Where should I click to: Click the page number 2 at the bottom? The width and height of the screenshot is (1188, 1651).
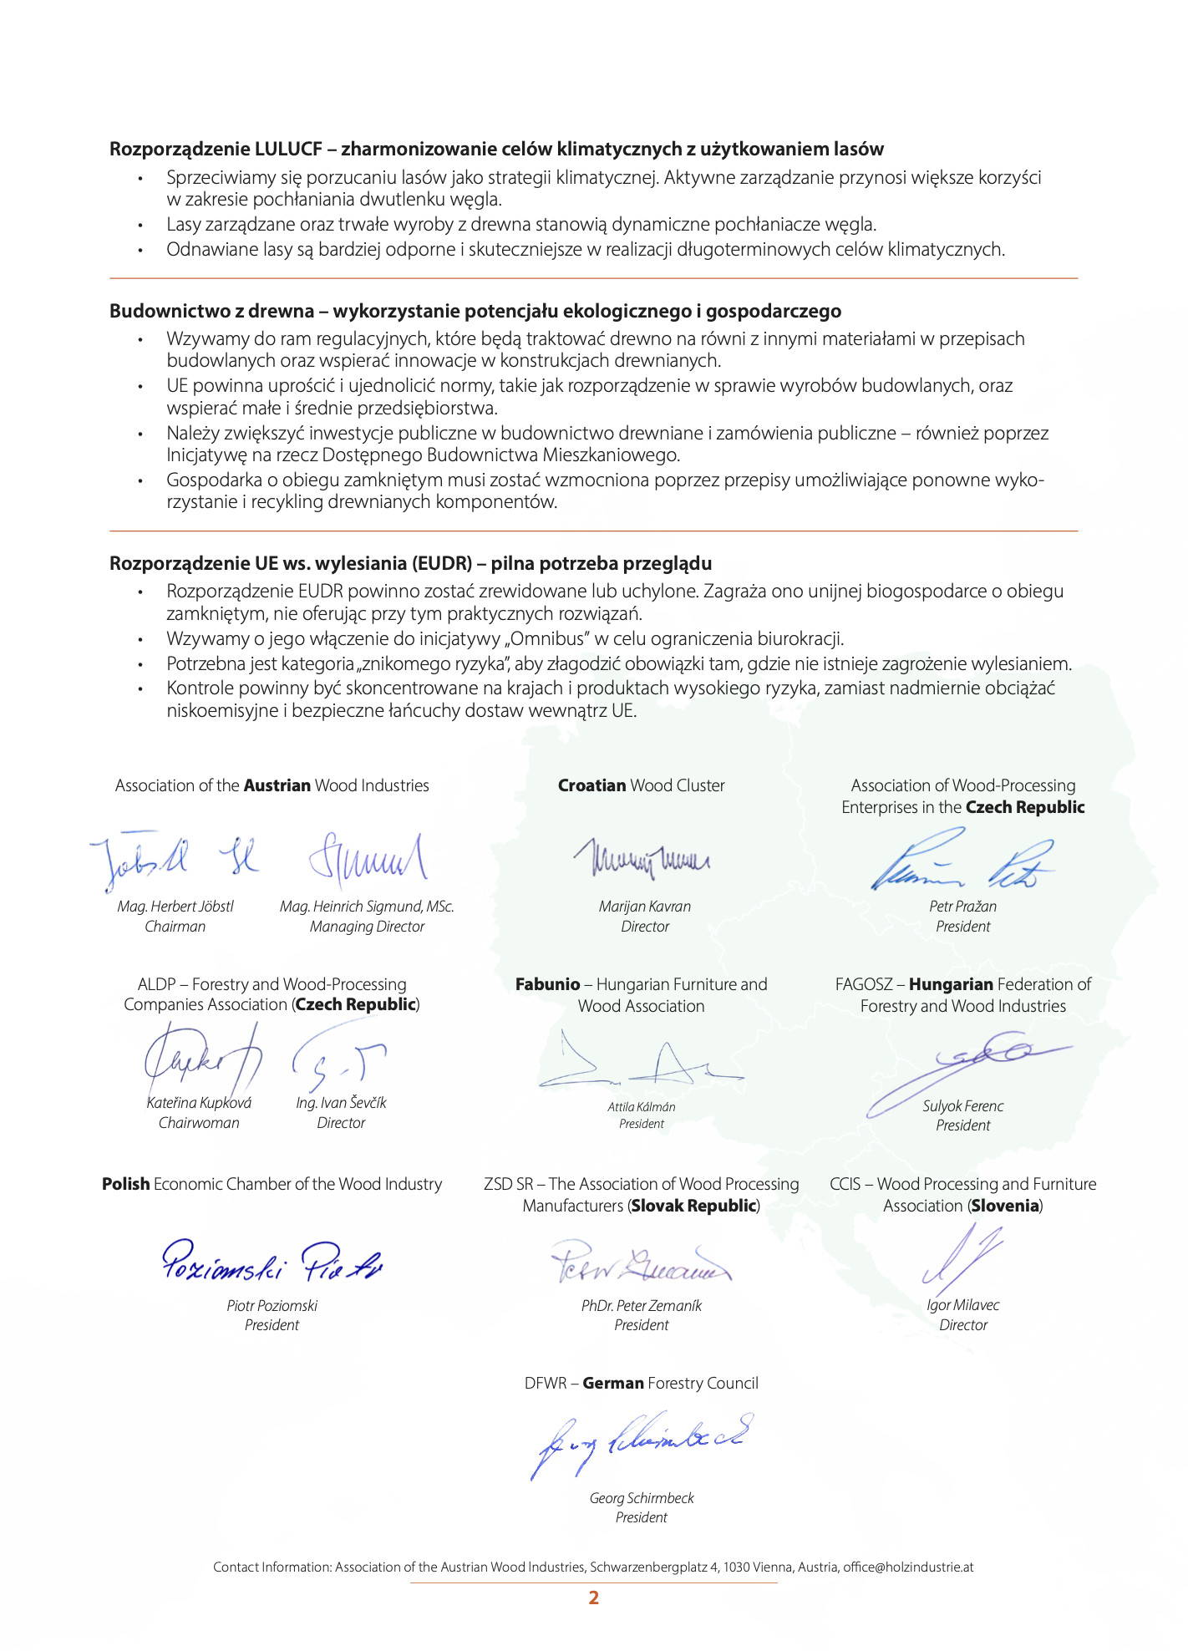tap(593, 1598)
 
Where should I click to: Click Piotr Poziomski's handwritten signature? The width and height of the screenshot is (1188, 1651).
tap(272, 1262)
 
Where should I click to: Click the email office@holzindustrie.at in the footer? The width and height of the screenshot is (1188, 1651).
tap(908, 1567)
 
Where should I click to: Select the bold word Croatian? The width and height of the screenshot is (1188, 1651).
tap(591, 785)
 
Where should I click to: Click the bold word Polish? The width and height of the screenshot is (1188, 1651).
tap(126, 1184)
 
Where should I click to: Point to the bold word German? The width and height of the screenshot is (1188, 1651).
tap(613, 1383)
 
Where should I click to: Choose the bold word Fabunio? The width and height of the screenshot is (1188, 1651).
tap(547, 984)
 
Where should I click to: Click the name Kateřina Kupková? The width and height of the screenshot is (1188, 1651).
tap(199, 1103)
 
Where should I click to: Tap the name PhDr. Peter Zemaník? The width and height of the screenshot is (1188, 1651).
tap(642, 1305)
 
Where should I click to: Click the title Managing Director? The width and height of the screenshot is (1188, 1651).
tap(368, 927)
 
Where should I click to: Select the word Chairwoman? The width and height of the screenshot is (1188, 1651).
tap(199, 1123)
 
